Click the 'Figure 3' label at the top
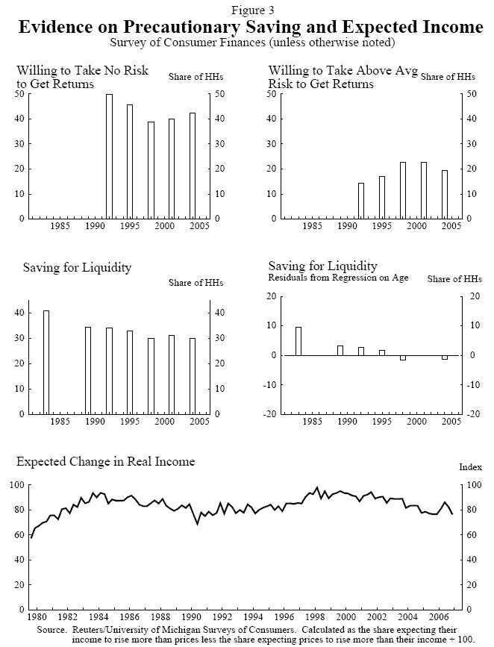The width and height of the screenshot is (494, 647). click(x=247, y=9)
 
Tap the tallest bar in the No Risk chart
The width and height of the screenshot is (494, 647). click(x=109, y=156)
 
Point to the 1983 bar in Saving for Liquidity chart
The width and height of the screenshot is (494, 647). click(x=46, y=362)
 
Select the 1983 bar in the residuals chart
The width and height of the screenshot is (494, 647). click(x=298, y=341)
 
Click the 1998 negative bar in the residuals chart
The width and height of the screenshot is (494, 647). click(x=403, y=358)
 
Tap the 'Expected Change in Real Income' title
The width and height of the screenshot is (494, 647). click(x=106, y=461)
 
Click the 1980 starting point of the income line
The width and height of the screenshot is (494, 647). click(x=31, y=537)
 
